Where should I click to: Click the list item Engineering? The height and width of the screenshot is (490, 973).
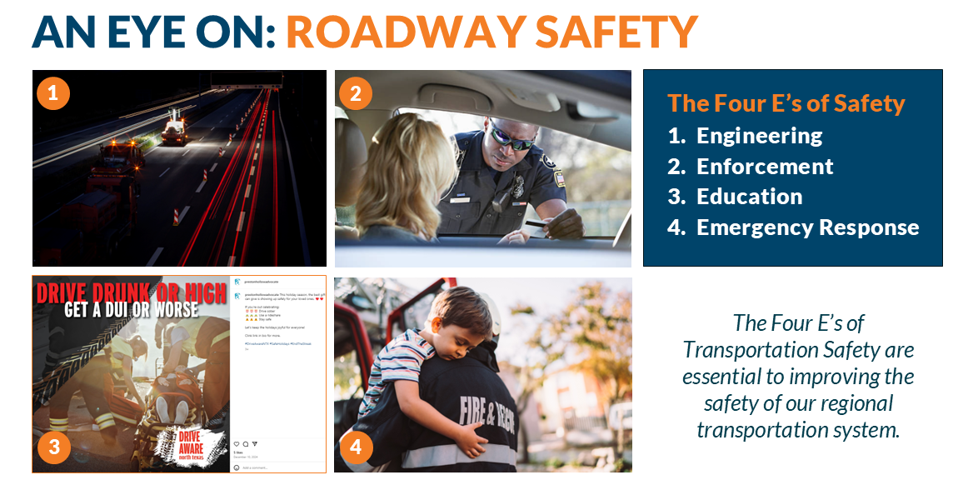point(759,136)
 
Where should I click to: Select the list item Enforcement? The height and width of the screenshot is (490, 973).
point(765,167)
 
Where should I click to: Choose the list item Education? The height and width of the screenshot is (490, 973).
point(749,197)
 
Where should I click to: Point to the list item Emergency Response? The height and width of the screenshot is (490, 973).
point(807,227)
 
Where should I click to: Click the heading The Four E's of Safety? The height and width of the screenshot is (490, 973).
point(786,103)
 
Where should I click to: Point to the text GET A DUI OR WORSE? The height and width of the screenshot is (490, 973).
point(132,310)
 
